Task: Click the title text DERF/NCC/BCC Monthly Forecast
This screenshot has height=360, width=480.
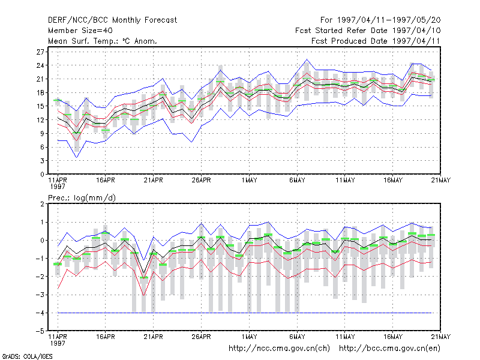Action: [112, 20]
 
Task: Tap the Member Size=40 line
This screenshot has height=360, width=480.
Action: [80, 31]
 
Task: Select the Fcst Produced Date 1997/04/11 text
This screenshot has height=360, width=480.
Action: [376, 41]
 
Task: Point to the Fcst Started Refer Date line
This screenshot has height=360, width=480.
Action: [368, 31]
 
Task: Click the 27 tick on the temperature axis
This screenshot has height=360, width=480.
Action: [40, 52]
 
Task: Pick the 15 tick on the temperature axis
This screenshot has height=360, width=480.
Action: [40, 106]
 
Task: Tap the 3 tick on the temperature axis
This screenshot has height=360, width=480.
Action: [42, 161]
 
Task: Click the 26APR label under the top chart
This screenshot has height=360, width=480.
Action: [201, 180]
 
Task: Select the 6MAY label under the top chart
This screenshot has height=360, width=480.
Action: [297, 180]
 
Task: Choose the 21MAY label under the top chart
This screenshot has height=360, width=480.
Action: [440, 180]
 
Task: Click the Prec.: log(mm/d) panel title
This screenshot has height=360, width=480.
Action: [82, 198]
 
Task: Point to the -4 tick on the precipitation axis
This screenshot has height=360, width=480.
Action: [40, 313]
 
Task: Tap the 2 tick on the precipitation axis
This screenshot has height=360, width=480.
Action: [42, 204]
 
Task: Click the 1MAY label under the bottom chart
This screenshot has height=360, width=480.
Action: [249, 337]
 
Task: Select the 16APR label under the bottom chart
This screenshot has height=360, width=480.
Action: [106, 337]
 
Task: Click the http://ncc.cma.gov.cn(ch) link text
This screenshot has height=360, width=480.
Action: [279, 349]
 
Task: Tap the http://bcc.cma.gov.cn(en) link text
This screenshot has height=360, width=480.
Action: [389, 349]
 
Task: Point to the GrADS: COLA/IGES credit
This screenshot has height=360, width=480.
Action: [27, 356]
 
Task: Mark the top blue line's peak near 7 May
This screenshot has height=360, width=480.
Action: [307, 59]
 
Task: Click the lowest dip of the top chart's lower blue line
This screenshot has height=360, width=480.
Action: [77, 157]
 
